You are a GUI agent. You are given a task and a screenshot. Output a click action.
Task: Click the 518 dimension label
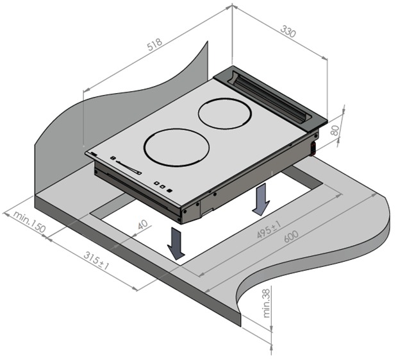click(x=154, y=44)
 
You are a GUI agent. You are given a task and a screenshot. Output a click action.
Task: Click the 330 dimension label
click(x=288, y=31)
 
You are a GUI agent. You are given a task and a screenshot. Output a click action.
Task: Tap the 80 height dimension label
click(x=335, y=130)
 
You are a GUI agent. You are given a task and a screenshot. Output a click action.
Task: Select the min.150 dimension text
click(x=29, y=222)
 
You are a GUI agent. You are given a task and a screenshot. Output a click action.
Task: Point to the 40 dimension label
click(x=142, y=225)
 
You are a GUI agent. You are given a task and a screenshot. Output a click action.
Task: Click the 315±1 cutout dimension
click(x=96, y=261)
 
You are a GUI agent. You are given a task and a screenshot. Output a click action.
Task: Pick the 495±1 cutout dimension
click(x=269, y=230)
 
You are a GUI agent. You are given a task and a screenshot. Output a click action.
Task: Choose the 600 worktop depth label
click(x=291, y=237)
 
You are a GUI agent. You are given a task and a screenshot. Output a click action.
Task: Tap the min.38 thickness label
click(x=267, y=304)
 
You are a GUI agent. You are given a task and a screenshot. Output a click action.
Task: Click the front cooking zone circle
click(x=177, y=148)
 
